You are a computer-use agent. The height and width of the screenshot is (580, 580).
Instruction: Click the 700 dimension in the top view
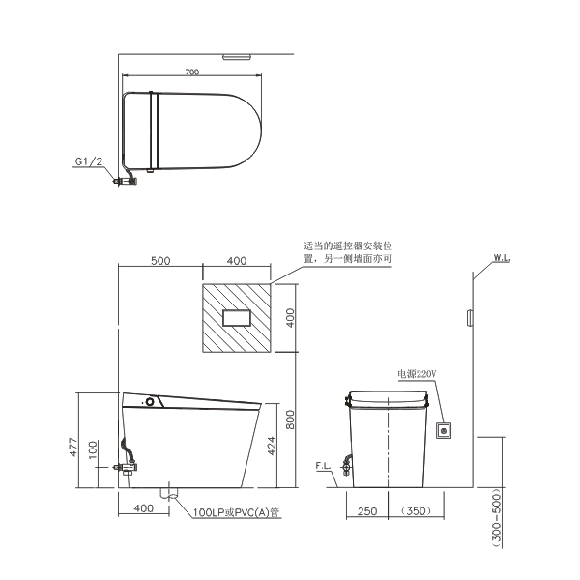(x=192, y=72)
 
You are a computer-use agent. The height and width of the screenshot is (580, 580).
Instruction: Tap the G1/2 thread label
(x=89, y=161)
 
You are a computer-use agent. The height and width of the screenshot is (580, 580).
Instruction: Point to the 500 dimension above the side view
(x=160, y=261)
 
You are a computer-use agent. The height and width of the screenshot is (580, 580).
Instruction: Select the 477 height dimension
(x=73, y=447)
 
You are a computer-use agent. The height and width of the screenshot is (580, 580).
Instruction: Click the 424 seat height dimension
(x=271, y=446)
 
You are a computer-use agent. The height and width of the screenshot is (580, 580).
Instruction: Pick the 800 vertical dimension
(x=290, y=420)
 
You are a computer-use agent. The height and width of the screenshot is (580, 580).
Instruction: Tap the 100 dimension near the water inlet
(x=93, y=449)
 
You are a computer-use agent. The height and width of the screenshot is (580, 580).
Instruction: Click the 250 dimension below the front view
(x=367, y=511)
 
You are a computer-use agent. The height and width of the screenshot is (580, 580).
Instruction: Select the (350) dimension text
(x=416, y=510)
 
